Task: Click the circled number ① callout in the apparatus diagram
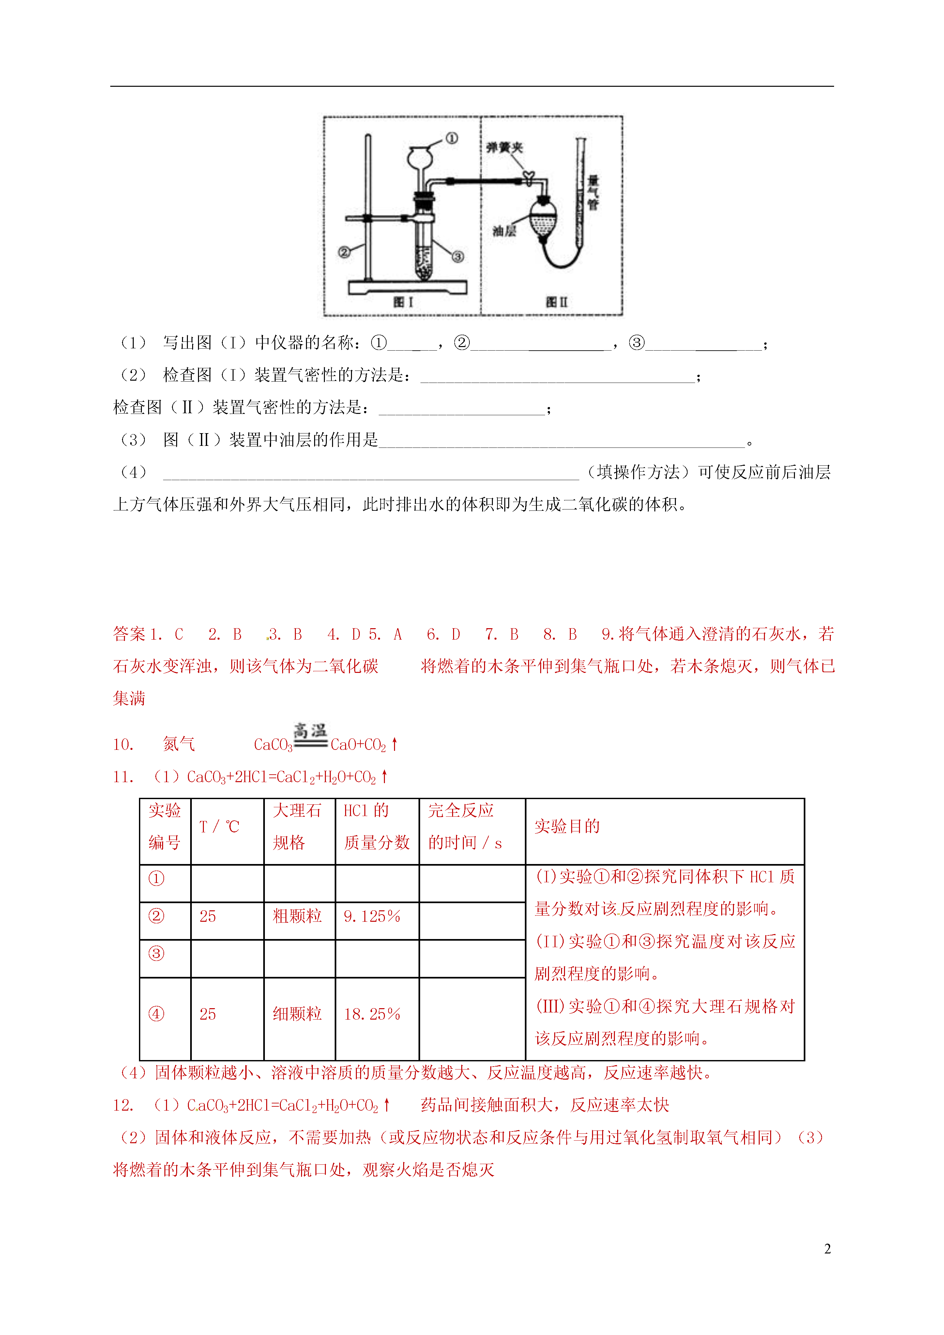pyautogui.click(x=451, y=138)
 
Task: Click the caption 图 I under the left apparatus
pyautogui.click(x=403, y=302)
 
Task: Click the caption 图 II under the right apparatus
pyautogui.click(x=556, y=302)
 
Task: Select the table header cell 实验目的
pyautogui.click(x=567, y=826)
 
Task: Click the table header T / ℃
pyautogui.click(x=219, y=826)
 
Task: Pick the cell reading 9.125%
pyautogui.click(x=372, y=916)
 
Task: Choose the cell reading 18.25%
pyautogui.click(x=372, y=1014)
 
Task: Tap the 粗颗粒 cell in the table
pyautogui.click(x=297, y=916)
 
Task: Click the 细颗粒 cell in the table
pyautogui.click(x=297, y=1014)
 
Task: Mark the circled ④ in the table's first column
pyautogui.click(x=156, y=1014)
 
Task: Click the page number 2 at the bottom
pyautogui.click(x=827, y=1249)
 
